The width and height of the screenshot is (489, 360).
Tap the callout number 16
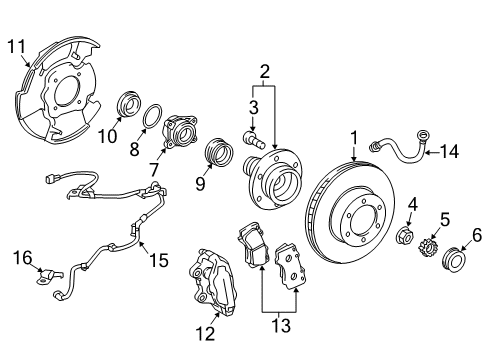23,258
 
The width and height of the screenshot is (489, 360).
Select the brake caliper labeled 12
214,290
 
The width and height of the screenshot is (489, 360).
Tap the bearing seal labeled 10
130,106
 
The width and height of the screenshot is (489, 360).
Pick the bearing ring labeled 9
215,156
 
